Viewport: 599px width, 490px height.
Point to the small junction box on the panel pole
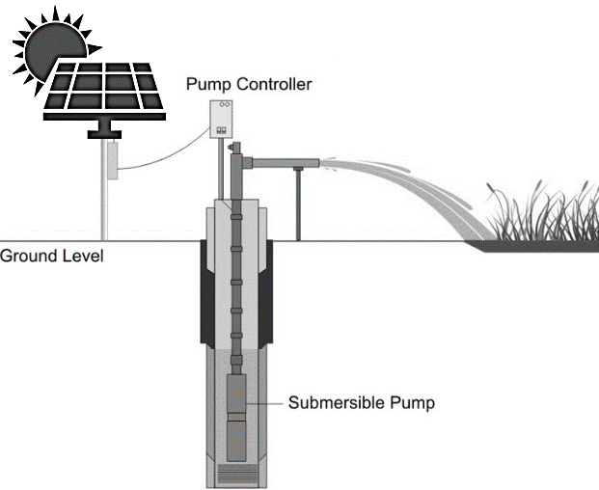(114, 160)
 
